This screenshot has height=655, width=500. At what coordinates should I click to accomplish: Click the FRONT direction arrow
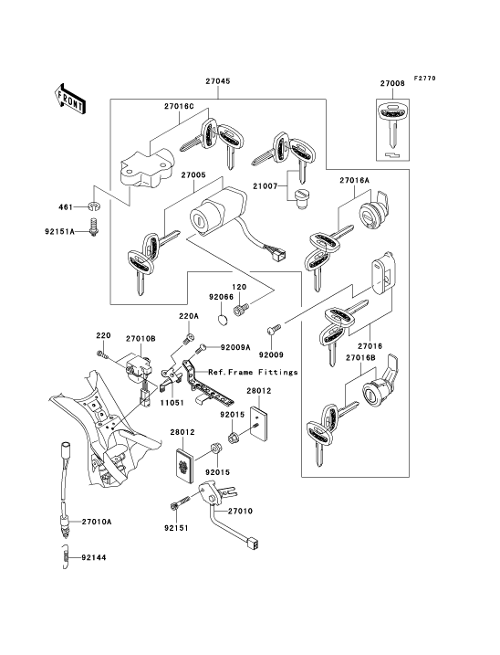(x=70, y=99)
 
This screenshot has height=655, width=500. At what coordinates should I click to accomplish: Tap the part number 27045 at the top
(x=218, y=81)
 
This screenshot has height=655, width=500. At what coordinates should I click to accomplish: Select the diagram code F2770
(x=424, y=79)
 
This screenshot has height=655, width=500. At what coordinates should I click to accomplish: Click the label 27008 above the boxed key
(x=392, y=83)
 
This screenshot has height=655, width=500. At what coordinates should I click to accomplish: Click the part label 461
(x=66, y=206)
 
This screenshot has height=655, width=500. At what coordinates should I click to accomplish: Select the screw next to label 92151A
(x=95, y=227)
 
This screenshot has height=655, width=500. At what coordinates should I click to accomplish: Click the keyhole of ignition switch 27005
(x=198, y=218)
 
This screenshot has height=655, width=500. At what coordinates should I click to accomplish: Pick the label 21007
(x=265, y=185)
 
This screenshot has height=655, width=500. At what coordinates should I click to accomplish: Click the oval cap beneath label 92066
(x=224, y=320)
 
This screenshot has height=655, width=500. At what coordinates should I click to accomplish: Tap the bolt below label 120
(x=240, y=310)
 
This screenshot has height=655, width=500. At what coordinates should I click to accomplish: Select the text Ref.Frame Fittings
(x=253, y=372)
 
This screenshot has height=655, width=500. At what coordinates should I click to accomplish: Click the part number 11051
(x=172, y=403)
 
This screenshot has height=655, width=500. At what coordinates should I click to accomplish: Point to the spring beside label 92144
(x=65, y=557)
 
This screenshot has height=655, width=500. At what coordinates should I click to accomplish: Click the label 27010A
(x=97, y=522)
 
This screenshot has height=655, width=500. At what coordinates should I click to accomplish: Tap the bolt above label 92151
(x=181, y=502)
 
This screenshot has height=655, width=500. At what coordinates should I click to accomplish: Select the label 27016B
(x=360, y=358)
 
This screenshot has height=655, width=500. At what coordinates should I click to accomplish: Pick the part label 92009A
(x=235, y=347)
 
